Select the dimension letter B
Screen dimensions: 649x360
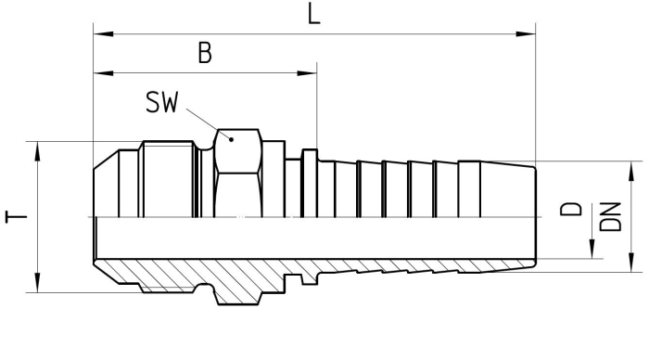pyautogui.click(x=205, y=53)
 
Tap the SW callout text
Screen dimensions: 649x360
pyautogui.click(x=162, y=102)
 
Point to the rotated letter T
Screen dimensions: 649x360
pyautogui.click(x=16, y=217)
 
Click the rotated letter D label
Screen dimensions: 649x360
pyautogui.click(x=571, y=209)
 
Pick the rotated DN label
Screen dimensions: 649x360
pyautogui.click(x=610, y=216)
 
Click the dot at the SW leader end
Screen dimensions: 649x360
pyautogui.click(x=232, y=139)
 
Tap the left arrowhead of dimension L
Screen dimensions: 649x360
pyautogui.click(x=104, y=33)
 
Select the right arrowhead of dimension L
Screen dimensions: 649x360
pyautogui.click(x=526, y=33)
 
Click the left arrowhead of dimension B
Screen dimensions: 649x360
pyautogui.click(x=104, y=73)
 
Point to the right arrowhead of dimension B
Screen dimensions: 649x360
pyautogui.click(x=307, y=73)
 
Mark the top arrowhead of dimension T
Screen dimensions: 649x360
pyautogui.click(x=38, y=151)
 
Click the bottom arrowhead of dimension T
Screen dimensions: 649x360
pyautogui.click(x=38, y=283)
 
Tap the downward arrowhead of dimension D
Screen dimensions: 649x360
pyautogui.click(x=592, y=249)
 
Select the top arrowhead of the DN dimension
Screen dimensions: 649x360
pyautogui.click(x=631, y=171)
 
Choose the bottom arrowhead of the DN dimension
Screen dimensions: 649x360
pyautogui.click(x=631, y=263)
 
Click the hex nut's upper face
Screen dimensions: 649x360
pyautogui.click(x=238, y=151)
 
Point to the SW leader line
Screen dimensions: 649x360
pyautogui.click(x=209, y=124)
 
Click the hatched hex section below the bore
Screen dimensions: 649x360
pyautogui.click(x=238, y=286)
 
